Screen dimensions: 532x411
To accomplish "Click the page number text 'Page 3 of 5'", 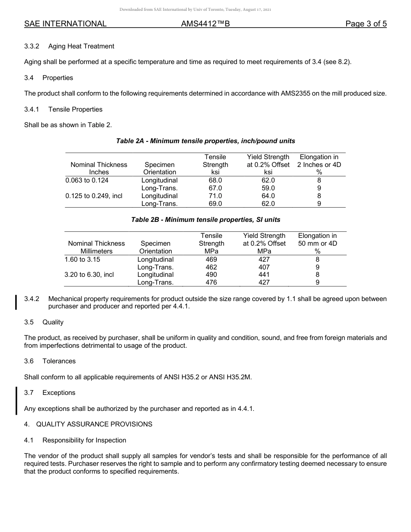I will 366,24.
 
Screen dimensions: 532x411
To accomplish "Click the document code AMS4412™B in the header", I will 205,24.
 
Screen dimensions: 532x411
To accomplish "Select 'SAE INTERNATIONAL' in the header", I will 65,24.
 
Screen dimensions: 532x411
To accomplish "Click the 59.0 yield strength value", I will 268,188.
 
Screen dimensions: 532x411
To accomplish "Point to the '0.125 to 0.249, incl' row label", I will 93,196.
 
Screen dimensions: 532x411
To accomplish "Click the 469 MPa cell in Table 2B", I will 212,260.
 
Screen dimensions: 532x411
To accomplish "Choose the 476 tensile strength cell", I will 212,282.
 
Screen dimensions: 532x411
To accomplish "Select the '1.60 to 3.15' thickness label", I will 82,260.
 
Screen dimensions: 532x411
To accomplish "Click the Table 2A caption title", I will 205,141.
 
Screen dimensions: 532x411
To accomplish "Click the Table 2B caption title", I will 205,220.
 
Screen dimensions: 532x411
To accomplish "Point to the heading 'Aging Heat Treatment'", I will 81,46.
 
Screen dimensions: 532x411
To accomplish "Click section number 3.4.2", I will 32,299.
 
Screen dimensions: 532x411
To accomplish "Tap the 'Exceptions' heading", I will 59,393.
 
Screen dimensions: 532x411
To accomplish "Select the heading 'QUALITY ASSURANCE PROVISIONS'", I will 94,424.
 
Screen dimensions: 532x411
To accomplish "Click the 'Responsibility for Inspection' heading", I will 84,440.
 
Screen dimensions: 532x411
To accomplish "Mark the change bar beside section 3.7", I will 16,401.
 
